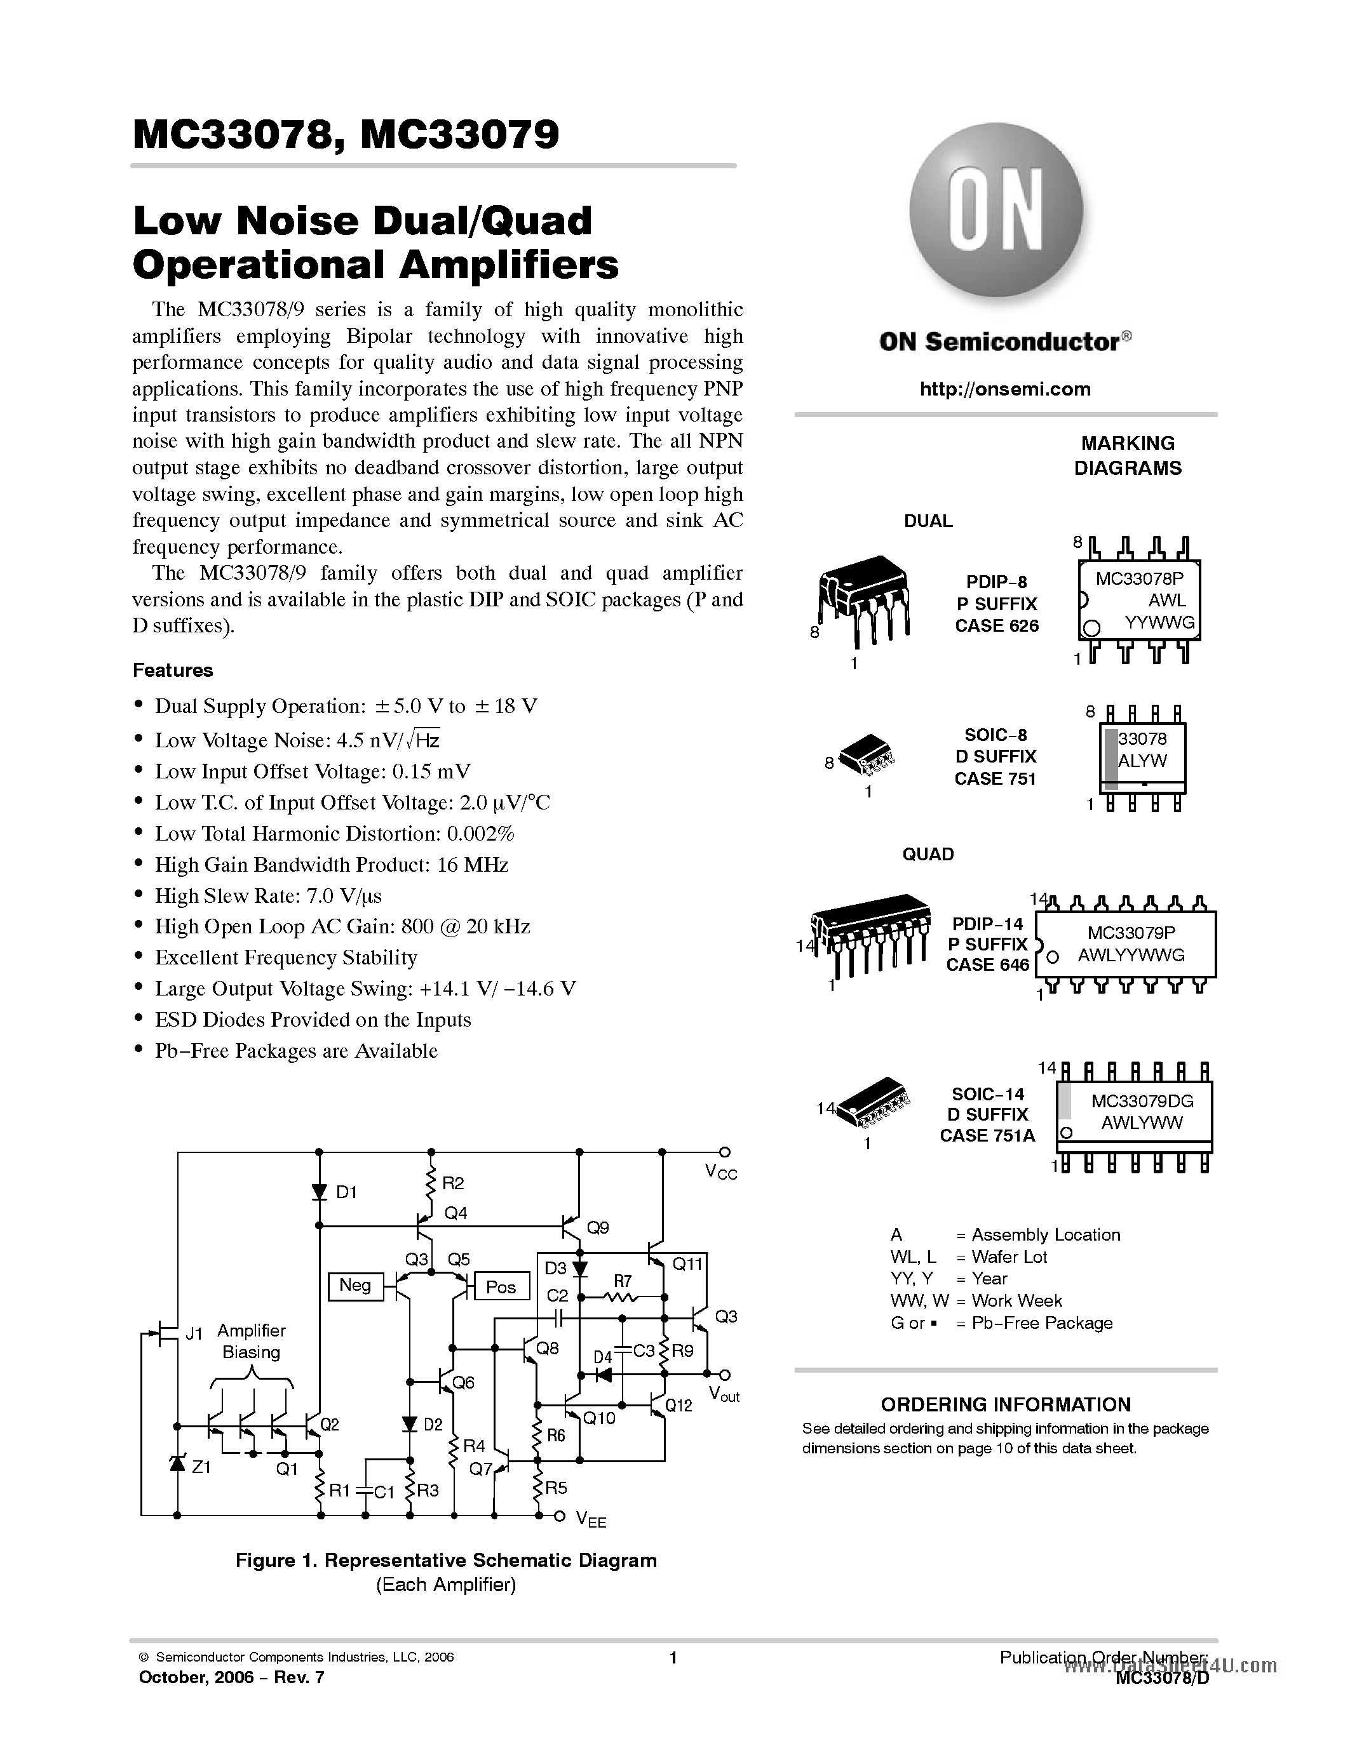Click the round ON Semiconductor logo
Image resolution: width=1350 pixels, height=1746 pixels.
[x=996, y=210]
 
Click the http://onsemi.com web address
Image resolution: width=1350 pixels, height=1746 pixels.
[x=1005, y=389]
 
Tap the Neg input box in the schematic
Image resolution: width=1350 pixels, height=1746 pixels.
[x=355, y=1286]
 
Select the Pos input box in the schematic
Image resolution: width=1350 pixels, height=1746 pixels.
[x=501, y=1286]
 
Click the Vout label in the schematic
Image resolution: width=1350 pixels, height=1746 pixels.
[x=724, y=1394]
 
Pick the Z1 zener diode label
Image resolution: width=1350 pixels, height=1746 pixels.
[x=201, y=1467]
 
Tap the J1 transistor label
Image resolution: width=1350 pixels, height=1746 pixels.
[x=194, y=1333]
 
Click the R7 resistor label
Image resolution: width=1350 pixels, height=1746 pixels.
[x=622, y=1281]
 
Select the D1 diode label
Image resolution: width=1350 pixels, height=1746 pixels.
[x=346, y=1192]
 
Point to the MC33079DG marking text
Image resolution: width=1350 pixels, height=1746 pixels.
[x=1142, y=1101]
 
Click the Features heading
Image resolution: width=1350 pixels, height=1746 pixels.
[x=173, y=670]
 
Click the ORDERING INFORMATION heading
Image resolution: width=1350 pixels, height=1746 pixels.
[x=1005, y=1404]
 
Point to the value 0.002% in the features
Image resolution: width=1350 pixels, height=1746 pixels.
[x=481, y=834]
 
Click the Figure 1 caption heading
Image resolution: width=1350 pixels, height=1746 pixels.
[x=445, y=1561]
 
